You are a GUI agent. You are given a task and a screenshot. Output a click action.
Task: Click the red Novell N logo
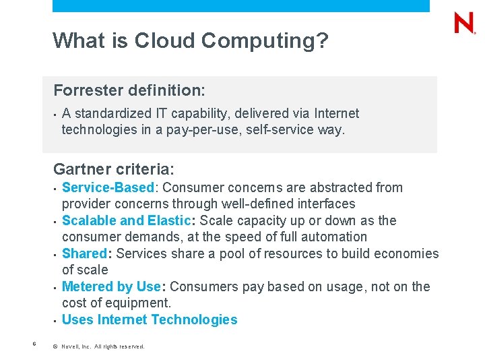pos(465,24)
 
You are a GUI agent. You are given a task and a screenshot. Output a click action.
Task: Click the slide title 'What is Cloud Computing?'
pos(191,40)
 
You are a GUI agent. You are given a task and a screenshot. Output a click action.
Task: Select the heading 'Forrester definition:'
pos(129,90)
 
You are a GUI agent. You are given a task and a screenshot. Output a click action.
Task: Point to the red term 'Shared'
pos(84,253)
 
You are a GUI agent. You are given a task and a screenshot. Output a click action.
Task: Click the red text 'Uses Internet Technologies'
pos(150,320)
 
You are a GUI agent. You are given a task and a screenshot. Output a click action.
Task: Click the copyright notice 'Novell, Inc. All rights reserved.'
pos(102,346)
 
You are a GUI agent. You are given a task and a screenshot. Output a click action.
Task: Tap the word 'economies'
pos(407,253)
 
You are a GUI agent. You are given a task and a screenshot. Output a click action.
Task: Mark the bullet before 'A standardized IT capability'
pos(55,113)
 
